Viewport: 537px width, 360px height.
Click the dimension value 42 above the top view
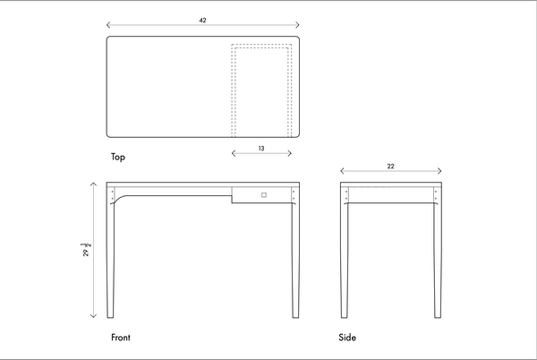[202, 19]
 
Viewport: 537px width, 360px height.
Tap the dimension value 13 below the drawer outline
[260, 148]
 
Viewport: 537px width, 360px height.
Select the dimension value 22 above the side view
[391, 166]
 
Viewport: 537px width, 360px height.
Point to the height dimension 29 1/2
[86, 250]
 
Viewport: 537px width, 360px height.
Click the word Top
[118, 158]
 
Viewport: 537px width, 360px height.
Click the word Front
[121, 338]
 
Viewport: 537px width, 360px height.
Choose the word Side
[347, 338]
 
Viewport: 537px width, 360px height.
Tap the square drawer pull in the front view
[264, 193]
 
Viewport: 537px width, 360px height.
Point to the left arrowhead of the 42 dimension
[107, 25]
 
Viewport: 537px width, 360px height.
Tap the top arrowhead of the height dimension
[94, 182]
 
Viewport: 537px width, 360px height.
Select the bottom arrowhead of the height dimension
[94, 316]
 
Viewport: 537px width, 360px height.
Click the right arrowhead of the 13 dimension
[290, 154]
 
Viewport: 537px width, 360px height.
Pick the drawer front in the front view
[261, 194]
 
